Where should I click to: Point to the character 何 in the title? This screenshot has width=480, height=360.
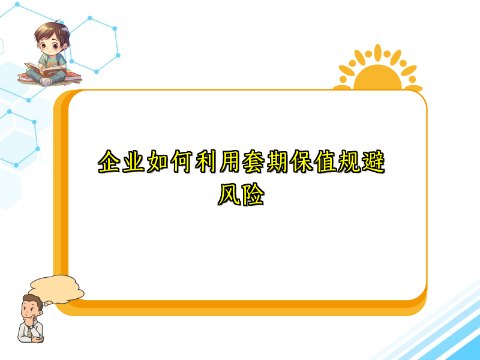[181, 163]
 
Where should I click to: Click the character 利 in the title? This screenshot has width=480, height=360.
[205, 163]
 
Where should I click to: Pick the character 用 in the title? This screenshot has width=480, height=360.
[229, 163]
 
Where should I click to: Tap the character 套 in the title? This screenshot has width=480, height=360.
[253, 163]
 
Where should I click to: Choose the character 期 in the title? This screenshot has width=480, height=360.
[276, 163]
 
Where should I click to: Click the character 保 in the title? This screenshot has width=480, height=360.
[300, 163]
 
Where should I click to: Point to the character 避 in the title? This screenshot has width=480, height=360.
[371, 163]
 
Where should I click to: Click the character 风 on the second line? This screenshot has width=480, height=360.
[229, 195]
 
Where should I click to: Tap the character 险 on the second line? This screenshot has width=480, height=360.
[253, 195]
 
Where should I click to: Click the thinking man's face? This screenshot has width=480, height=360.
[29, 310]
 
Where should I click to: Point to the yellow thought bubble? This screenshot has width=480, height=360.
[56, 287]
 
